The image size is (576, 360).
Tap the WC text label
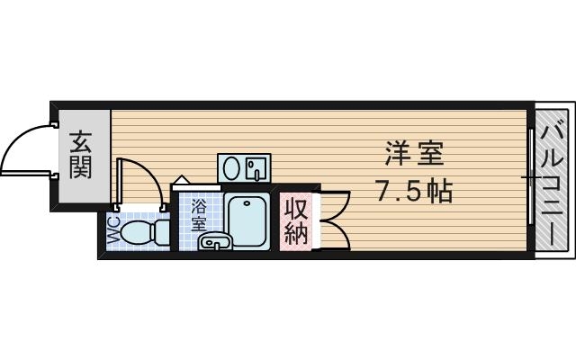[114, 231]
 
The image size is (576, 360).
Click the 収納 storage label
[296, 221]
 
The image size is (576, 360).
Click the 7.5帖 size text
[414, 191]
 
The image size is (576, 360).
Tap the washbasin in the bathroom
[212, 240]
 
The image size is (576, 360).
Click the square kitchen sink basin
[256, 167]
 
